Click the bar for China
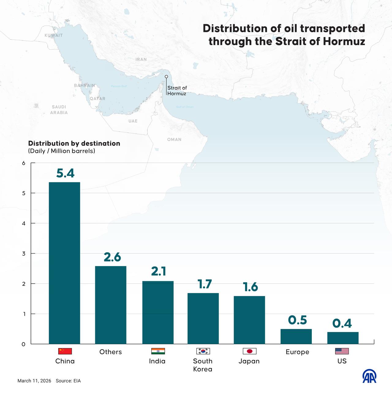tap(64, 263)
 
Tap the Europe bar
tap(296, 336)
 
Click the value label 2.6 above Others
tap(112, 257)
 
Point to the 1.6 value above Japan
tap(250, 287)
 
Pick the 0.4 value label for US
tap(342, 323)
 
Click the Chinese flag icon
tap(65, 351)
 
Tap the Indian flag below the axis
tap(158, 351)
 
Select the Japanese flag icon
tap(249, 351)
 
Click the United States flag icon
tap(342, 351)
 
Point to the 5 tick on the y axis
tap(24, 193)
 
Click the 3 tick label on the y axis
tap(24, 254)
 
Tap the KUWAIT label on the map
tap(54, 35)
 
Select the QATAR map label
tap(97, 99)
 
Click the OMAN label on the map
tap(174, 139)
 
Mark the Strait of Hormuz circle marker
tap(166, 77)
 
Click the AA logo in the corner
tap(369, 376)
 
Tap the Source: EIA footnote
tap(68, 381)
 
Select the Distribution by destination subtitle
tap(74, 143)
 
